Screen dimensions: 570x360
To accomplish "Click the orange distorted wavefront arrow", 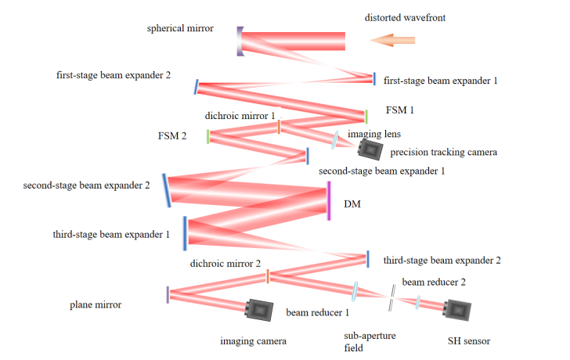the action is [392, 40].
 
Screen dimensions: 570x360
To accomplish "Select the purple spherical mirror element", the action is [240, 41].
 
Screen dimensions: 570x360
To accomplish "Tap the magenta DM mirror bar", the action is [329, 201].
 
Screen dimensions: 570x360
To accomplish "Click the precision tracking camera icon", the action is [370, 149].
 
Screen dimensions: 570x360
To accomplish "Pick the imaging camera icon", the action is [259, 310].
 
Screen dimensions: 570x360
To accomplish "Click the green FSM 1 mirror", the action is [366, 117].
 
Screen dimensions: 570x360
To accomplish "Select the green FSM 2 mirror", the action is [208, 137].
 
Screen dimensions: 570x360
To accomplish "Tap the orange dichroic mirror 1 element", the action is [279, 127].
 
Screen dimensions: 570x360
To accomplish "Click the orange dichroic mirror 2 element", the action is [268, 276].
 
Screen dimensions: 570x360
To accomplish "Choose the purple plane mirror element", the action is [168, 294].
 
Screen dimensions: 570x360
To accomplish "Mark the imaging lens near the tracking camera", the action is [334, 140].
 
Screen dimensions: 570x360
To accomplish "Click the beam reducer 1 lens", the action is [355, 291].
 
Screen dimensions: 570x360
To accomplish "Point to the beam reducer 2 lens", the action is [417, 302].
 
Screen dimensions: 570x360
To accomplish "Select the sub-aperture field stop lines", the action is [391, 298].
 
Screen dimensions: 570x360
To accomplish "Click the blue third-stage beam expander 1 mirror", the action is [185, 233].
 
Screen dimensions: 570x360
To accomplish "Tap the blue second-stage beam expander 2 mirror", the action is [167, 191].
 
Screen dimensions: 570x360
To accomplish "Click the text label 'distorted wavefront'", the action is [405, 18].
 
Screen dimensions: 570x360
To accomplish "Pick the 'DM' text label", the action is [352, 204].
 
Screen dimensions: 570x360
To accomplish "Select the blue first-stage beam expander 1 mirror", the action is [374, 79].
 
